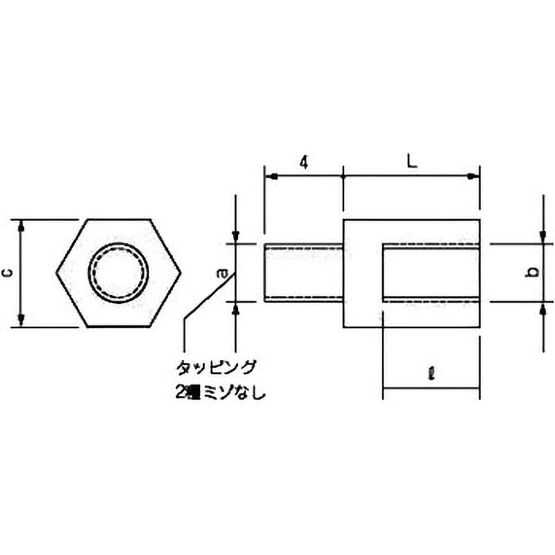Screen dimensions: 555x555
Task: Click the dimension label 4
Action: coord(302,162)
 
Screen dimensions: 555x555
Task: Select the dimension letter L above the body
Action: coord(411,162)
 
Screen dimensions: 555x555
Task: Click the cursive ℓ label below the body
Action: coord(431,374)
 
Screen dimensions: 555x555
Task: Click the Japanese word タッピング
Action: coord(216,366)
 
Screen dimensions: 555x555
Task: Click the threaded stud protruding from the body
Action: coord(304,273)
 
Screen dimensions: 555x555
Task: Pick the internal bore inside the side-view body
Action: coord(430,273)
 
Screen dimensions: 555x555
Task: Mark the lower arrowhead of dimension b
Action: coord(542,308)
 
